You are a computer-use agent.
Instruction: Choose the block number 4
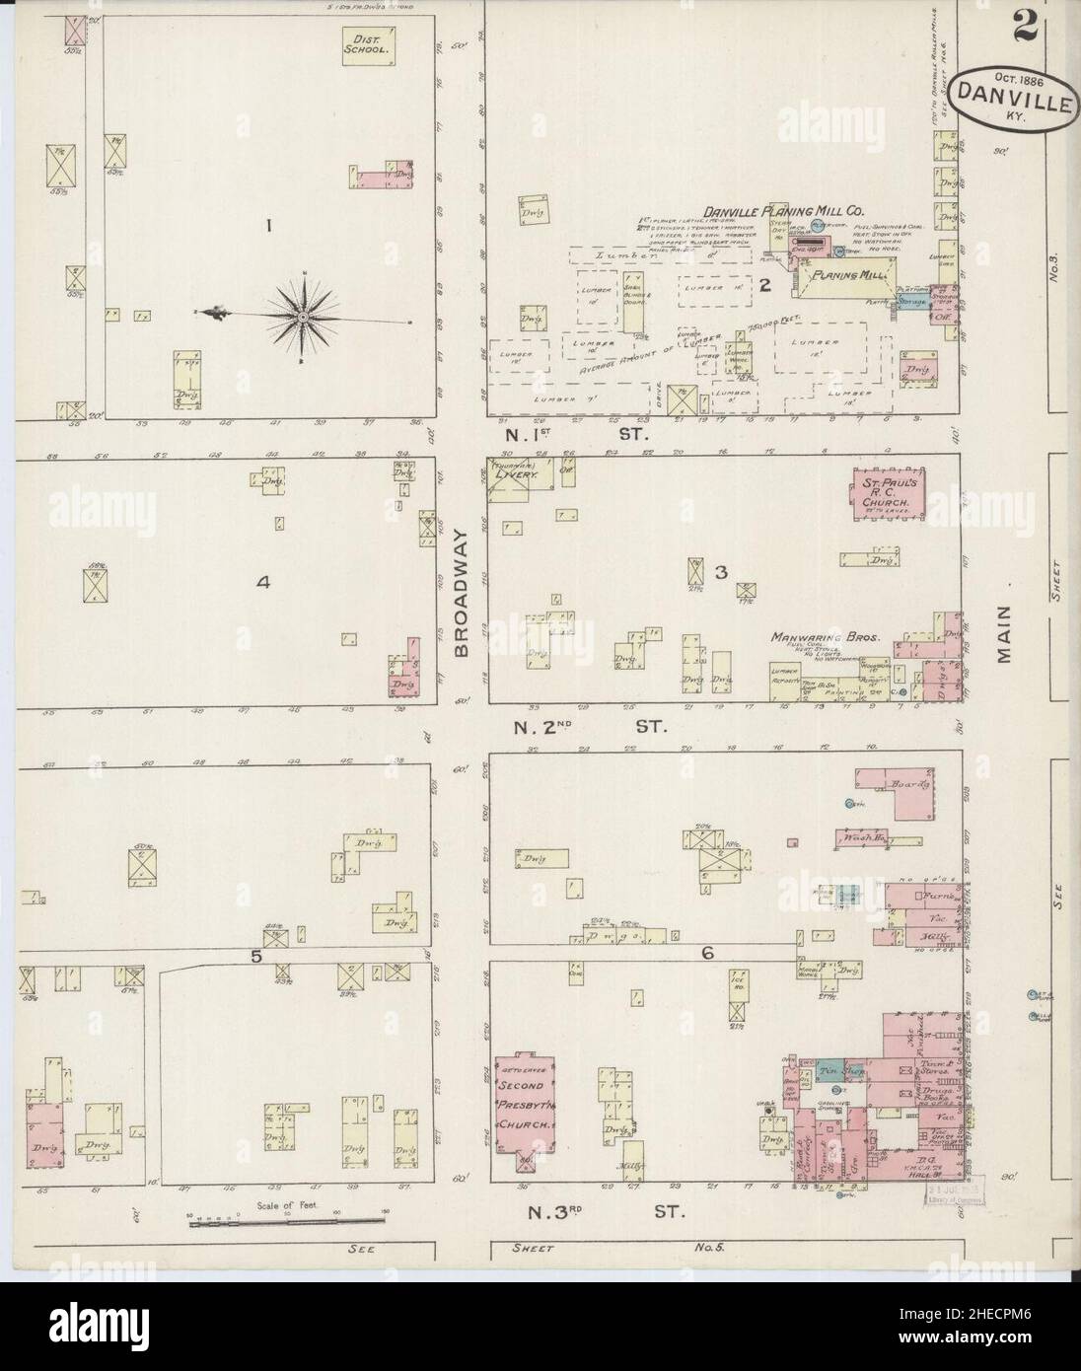262,583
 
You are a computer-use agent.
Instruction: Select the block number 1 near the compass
267,226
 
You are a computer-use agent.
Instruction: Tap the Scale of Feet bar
263,1223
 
